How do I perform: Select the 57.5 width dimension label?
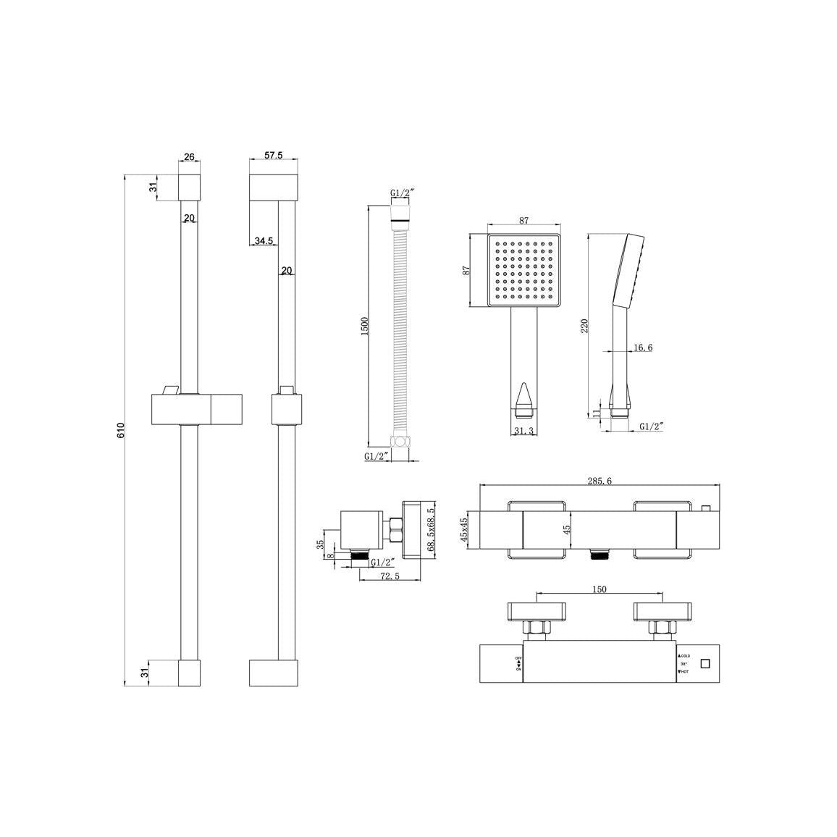pyautogui.click(x=273, y=156)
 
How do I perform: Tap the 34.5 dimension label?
pyautogui.click(x=263, y=241)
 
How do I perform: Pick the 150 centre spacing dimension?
pyautogui.click(x=599, y=590)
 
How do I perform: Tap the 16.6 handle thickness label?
pyautogui.click(x=643, y=348)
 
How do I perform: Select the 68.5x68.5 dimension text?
pyautogui.click(x=432, y=529)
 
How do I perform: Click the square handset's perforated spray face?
pyautogui.click(x=524, y=269)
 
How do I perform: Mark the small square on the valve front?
pyautogui.click(x=707, y=663)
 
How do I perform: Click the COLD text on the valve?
pyautogui.click(x=685, y=655)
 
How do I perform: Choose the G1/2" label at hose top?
pyautogui.click(x=401, y=193)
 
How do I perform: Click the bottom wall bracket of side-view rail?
pyautogui.click(x=274, y=673)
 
